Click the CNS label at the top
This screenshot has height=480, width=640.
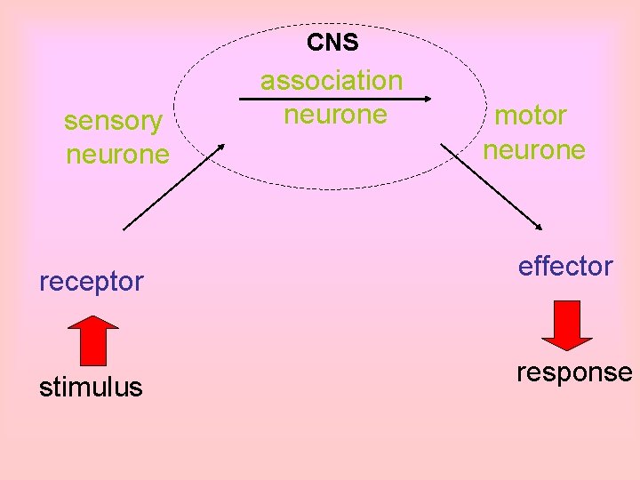tap(332, 42)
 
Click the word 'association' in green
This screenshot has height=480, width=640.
tap(332, 81)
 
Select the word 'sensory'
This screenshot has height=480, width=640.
tap(113, 121)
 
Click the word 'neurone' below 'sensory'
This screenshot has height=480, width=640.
tap(117, 155)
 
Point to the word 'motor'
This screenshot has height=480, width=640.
tap(531, 116)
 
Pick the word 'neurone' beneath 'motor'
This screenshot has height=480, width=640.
tap(534, 149)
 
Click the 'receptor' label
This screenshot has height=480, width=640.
tap(91, 282)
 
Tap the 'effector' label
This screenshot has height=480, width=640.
tap(565, 266)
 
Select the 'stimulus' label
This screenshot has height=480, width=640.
tap(91, 388)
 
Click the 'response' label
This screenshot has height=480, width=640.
tap(574, 372)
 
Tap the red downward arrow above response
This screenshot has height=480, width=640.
tap(566, 324)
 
